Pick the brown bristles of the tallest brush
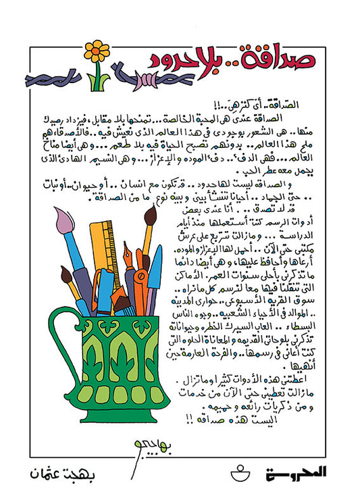click(151, 216)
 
